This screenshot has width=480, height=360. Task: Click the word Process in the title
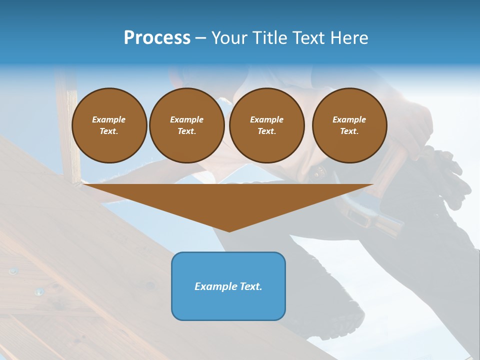(157, 37)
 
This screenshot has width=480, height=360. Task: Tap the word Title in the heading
(269, 37)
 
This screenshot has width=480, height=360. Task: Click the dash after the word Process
(200, 38)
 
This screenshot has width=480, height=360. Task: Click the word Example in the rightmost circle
(349, 119)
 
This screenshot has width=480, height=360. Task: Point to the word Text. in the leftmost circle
(109, 131)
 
